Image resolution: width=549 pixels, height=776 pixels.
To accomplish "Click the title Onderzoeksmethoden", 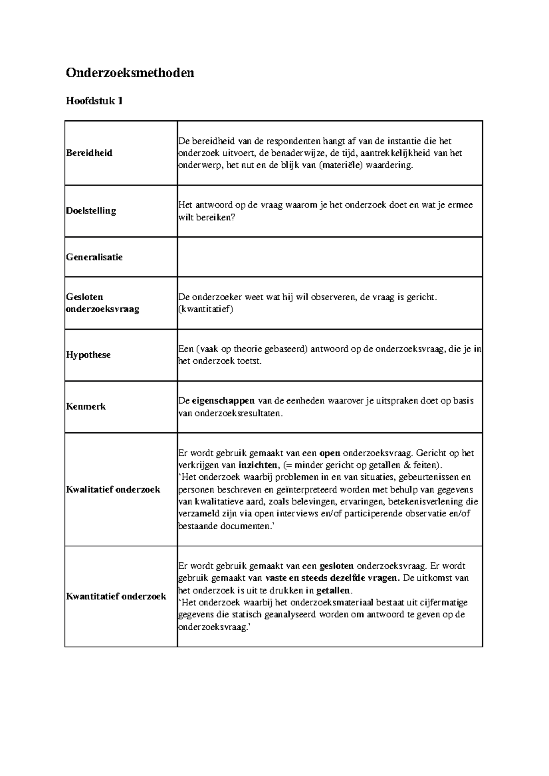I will pyautogui.click(x=130, y=73).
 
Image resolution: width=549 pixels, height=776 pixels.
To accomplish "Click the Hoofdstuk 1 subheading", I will pyautogui.click(x=94, y=101).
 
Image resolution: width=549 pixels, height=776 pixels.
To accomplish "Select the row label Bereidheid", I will pyautogui.click(x=89, y=153).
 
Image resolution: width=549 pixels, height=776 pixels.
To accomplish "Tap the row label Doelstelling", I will pyautogui.click(x=91, y=211).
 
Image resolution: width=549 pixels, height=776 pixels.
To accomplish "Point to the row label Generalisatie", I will pyautogui.click(x=94, y=257).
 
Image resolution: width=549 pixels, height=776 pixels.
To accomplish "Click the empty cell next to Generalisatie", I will pyautogui.click(x=329, y=257).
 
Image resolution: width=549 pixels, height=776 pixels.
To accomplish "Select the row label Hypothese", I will pyautogui.click(x=88, y=355).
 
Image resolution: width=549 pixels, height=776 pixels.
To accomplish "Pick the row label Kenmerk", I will pyautogui.click(x=86, y=406).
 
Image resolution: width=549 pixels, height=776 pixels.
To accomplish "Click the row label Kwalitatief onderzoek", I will pyautogui.click(x=113, y=489).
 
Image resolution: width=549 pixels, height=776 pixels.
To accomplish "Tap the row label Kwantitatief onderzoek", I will pyautogui.click(x=116, y=596).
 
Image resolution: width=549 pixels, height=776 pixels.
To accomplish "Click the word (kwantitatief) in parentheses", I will pyautogui.click(x=205, y=309).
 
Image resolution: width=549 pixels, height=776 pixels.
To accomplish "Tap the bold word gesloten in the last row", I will pyautogui.click(x=337, y=566).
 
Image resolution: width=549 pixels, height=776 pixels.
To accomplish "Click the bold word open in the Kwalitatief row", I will pyautogui.click(x=329, y=453).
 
